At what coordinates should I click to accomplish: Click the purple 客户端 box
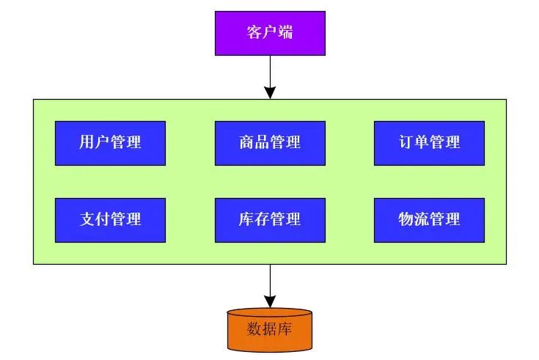pyautogui.click(x=270, y=33)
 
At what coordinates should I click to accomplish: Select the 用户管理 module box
pyautogui.click(x=110, y=143)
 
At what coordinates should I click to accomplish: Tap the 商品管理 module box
pyautogui.click(x=270, y=143)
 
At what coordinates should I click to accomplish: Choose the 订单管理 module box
pyautogui.click(x=429, y=143)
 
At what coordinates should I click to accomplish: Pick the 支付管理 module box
pyautogui.click(x=110, y=219)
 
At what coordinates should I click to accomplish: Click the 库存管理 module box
pyautogui.click(x=270, y=219)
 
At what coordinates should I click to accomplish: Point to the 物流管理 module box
pyautogui.click(x=429, y=219)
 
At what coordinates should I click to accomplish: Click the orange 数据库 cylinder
pyautogui.click(x=270, y=329)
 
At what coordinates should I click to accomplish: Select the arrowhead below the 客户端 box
pyautogui.click(x=270, y=92)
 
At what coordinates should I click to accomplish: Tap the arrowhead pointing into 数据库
pyautogui.click(x=270, y=301)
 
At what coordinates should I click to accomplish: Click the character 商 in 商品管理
pyautogui.click(x=246, y=143)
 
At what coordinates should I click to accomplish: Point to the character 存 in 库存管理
pyautogui.click(x=262, y=219)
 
